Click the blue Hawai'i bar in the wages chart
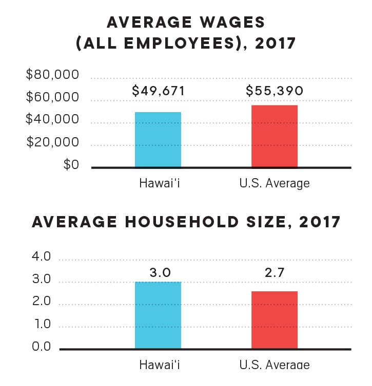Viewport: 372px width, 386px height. pyautogui.click(x=158, y=139)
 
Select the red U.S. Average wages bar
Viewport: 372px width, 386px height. pyautogui.click(x=274, y=136)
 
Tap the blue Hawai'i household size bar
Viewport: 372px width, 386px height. pyautogui.click(x=158, y=315)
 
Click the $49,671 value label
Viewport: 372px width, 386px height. pyautogui.click(x=158, y=91)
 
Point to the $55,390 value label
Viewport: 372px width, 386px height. pyautogui.click(x=275, y=91)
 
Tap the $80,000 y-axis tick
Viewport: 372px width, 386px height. pyautogui.click(x=52, y=75)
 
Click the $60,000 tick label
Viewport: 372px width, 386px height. pyautogui.click(x=52, y=97)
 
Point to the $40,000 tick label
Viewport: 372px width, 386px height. pyautogui.click(x=52, y=120)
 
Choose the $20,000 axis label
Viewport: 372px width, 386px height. pyautogui.click(x=52, y=142)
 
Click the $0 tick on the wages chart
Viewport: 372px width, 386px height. pyautogui.click(x=71, y=164)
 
